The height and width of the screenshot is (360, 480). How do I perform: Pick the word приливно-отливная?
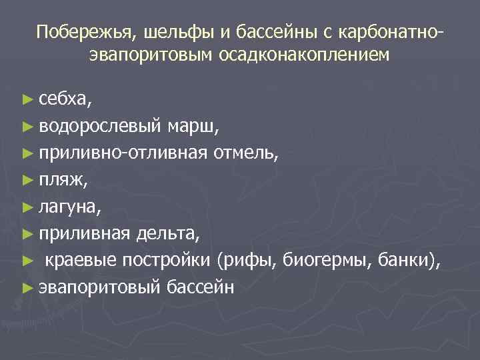[x=123, y=154]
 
